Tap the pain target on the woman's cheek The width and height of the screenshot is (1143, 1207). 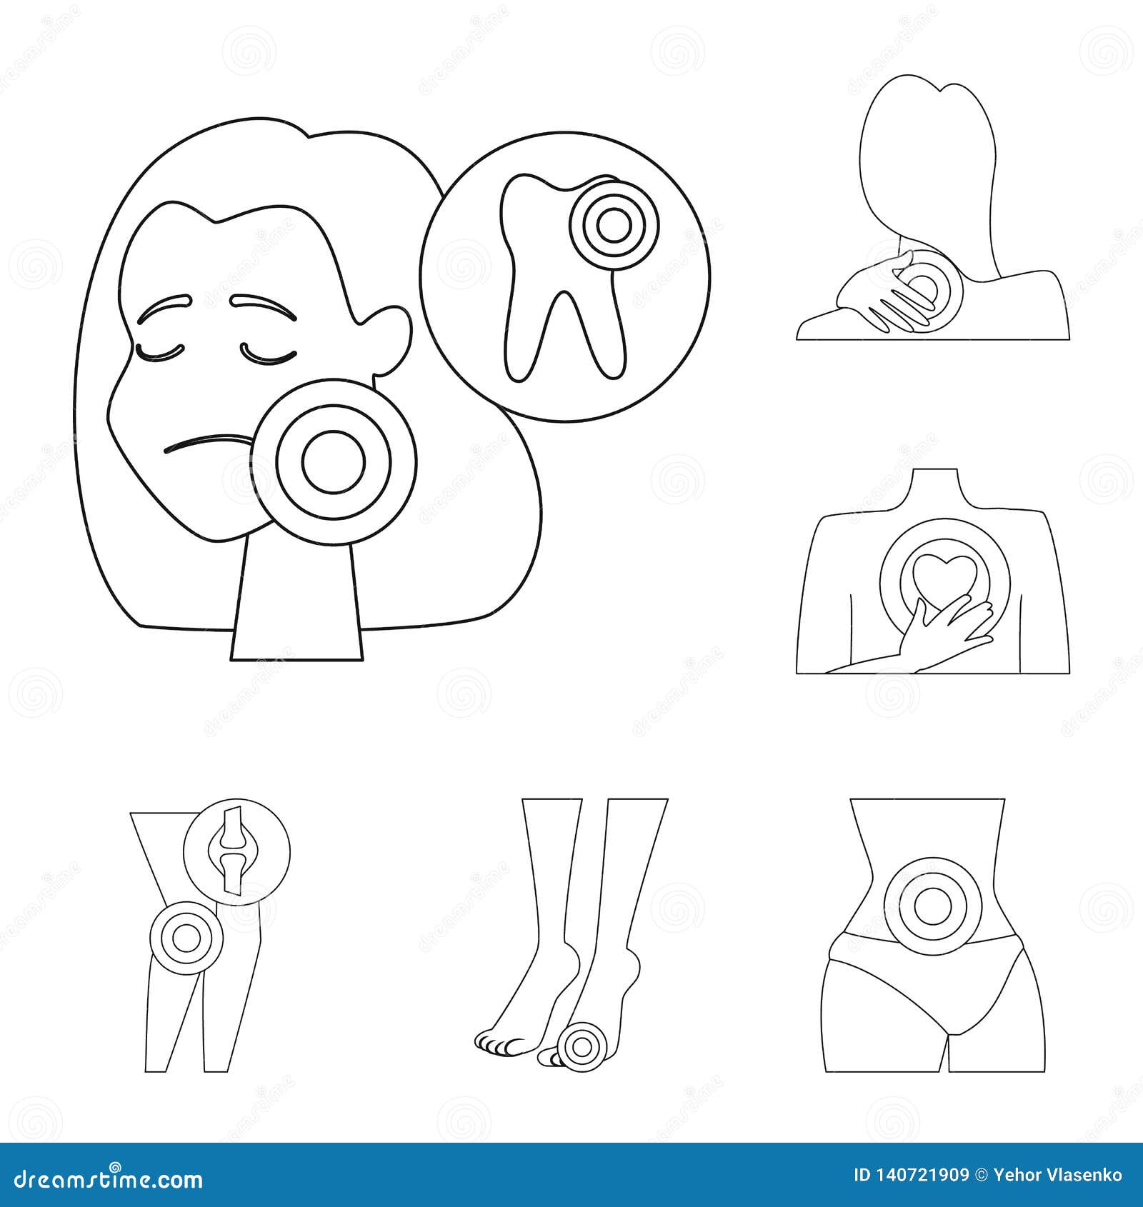coord(334,461)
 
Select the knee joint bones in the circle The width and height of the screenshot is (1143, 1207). coord(236,850)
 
